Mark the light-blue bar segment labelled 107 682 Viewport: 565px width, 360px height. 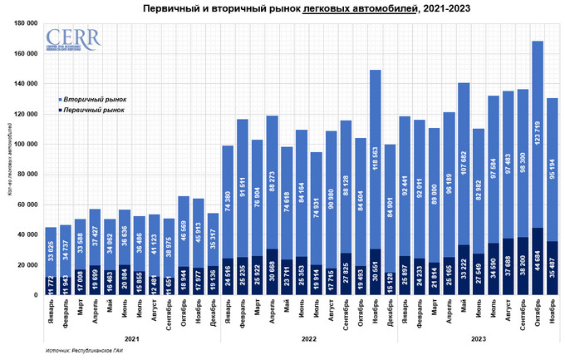tap(464, 163)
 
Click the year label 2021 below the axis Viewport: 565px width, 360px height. tap(130, 338)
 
